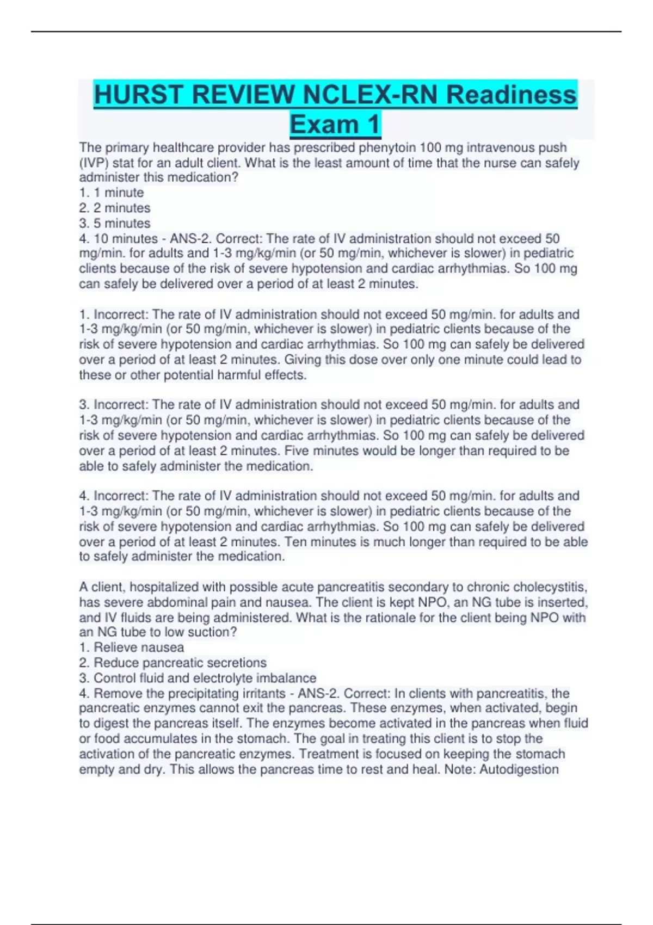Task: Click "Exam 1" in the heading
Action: click(x=335, y=124)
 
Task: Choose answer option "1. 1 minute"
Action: click(x=112, y=193)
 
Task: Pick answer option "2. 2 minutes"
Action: click(x=115, y=208)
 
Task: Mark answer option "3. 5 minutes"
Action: click(x=115, y=223)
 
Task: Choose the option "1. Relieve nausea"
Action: click(x=131, y=647)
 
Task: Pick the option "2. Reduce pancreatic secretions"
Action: click(x=173, y=663)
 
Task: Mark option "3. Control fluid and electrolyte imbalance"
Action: click(x=198, y=678)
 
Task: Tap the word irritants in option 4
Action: click(x=264, y=693)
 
